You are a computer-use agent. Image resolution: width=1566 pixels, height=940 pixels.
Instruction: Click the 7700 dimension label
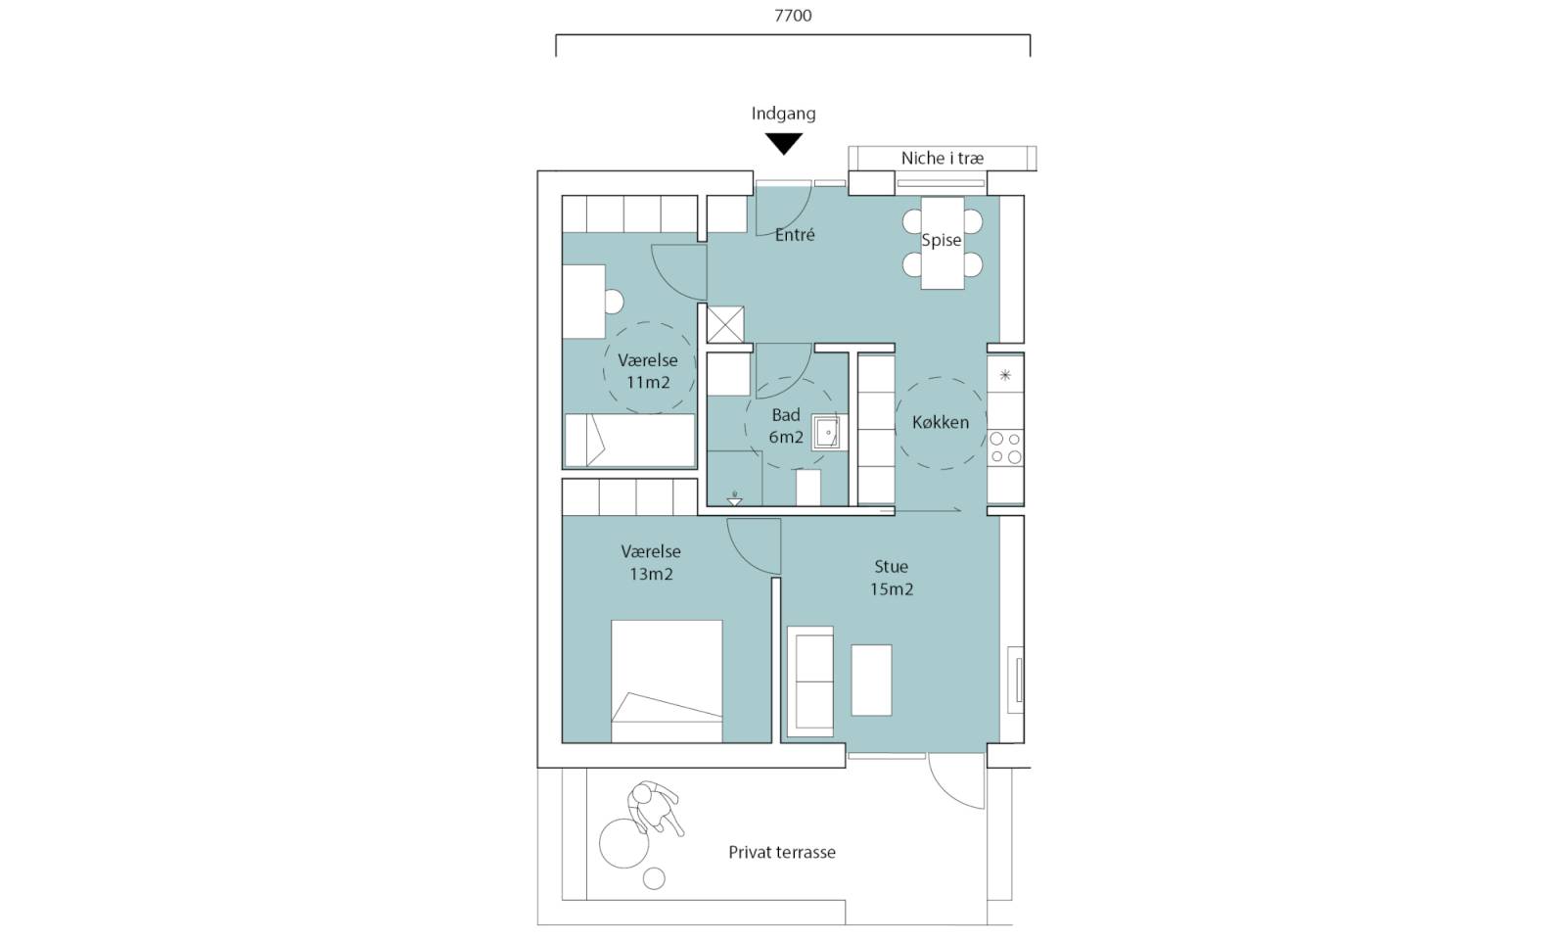point(793,16)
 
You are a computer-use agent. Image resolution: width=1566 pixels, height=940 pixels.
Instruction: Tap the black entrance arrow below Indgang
point(783,143)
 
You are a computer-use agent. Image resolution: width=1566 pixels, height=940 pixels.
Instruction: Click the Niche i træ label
point(942,158)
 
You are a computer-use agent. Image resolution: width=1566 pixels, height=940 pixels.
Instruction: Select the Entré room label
point(795,235)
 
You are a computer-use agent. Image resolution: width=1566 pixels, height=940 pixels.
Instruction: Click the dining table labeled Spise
point(943,243)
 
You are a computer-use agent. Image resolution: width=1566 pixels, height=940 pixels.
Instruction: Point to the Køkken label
point(941,422)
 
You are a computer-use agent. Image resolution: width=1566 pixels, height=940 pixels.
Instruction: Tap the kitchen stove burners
point(1005,447)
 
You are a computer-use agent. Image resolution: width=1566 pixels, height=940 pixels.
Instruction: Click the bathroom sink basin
point(828,433)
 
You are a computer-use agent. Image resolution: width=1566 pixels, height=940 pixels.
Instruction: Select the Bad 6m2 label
point(786,426)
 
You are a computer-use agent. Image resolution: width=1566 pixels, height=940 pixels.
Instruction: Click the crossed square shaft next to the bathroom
point(725,324)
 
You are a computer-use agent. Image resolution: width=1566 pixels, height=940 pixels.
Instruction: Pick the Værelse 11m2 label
point(647,371)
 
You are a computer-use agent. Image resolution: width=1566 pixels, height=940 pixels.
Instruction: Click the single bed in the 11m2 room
point(629,440)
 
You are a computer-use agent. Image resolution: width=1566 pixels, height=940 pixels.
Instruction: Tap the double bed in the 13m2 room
point(667,681)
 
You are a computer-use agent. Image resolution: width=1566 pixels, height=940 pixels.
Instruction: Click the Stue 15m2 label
point(892,578)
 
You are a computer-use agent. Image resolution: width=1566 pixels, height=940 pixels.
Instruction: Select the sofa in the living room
point(810,681)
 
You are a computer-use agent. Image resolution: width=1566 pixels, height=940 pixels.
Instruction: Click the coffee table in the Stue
point(871,680)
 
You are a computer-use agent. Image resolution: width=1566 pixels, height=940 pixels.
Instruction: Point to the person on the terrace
point(655,808)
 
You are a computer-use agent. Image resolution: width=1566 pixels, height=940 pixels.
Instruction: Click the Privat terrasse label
point(782,853)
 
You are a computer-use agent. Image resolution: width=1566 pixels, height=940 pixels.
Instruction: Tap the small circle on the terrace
point(654,878)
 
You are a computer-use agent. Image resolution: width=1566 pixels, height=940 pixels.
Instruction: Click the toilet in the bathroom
point(808,488)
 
